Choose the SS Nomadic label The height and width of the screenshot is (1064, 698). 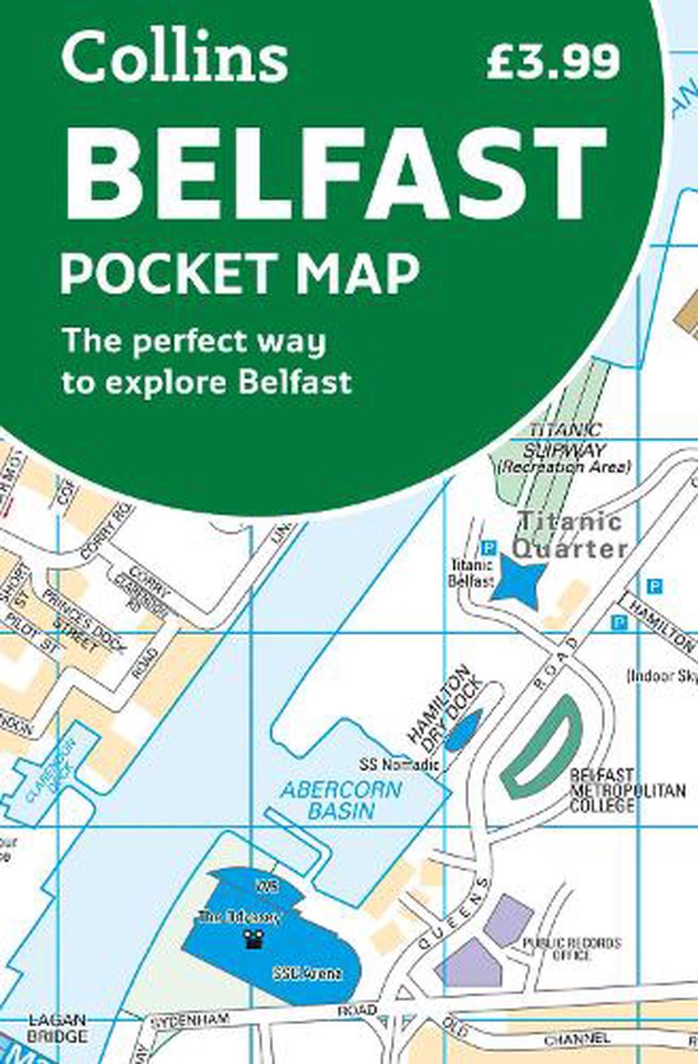pyautogui.click(x=399, y=764)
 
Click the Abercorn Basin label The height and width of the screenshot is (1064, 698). pyautogui.click(x=341, y=800)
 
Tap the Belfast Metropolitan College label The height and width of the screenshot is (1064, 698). pyautogui.click(x=627, y=790)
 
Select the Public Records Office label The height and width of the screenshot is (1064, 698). pyautogui.click(x=571, y=949)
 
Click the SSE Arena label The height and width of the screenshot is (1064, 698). pyautogui.click(x=307, y=973)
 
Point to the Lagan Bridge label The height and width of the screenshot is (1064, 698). pyautogui.click(x=57, y=1028)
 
